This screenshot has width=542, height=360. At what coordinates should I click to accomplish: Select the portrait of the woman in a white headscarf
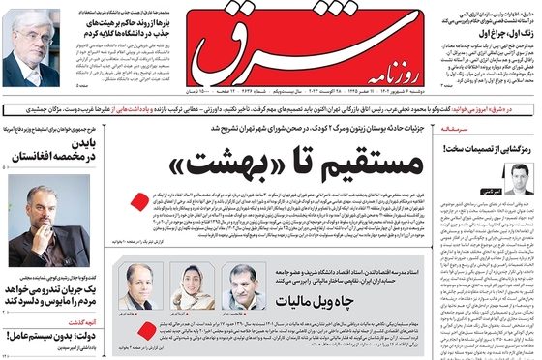coord(186,285)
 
